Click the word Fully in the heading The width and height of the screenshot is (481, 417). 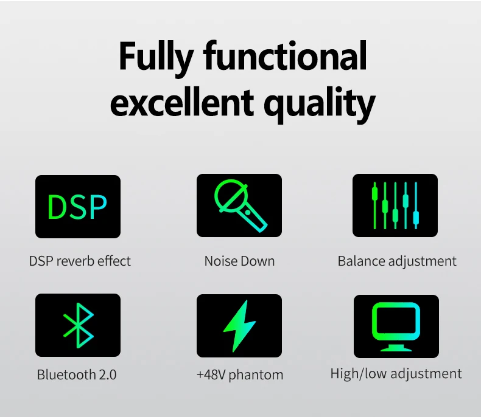[x=156, y=58]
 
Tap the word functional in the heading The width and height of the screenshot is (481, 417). [x=285, y=55]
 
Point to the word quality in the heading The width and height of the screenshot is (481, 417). [x=319, y=104]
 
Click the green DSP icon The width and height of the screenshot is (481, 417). [x=78, y=207]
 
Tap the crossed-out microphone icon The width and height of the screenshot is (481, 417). [x=239, y=205]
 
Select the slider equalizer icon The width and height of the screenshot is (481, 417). [x=395, y=205]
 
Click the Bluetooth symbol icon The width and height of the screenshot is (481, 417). [x=78, y=325]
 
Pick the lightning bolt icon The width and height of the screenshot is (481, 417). [x=239, y=326]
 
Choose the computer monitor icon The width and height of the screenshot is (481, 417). [x=396, y=326]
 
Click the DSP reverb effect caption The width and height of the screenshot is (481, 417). [x=80, y=261]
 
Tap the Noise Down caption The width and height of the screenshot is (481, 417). [x=239, y=261]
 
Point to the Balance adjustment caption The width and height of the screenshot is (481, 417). [x=397, y=262]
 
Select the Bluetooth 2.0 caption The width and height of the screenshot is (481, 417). [x=77, y=374]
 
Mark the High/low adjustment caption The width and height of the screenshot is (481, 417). [x=396, y=374]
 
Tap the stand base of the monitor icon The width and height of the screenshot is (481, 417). [x=396, y=348]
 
